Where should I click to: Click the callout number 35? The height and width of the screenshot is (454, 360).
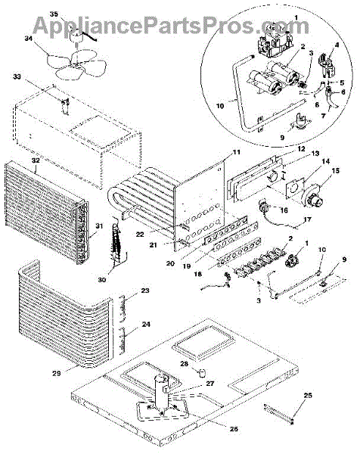(54, 14)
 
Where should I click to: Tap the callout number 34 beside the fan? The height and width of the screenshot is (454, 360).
(29, 39)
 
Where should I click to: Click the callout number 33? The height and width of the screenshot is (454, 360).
(17, 76)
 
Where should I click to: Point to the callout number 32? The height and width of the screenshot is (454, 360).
(36, 160)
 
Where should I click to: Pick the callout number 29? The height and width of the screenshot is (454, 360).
(57, 373)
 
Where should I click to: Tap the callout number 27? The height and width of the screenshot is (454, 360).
(209, 384)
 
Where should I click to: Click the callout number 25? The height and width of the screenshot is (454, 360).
(309, 395)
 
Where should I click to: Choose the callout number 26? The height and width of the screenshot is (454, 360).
(234, 428)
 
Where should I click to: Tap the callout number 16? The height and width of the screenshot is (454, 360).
(284, 210)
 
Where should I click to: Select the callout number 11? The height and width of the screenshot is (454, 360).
(237, 152)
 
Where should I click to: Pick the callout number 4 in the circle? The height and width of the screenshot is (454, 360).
(337, 45)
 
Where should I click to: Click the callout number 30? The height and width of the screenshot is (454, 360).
(102, 280)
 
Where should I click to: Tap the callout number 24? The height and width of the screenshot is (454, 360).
(146, 324)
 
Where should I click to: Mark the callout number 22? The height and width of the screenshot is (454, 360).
(140, 235)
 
